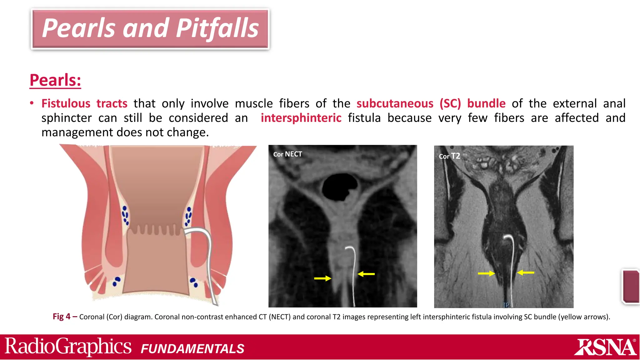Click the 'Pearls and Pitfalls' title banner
[150, 29]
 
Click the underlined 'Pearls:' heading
[55, 80]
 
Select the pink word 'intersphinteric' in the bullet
[301, 118]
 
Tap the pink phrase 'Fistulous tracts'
[84, 103]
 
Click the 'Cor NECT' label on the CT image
[287, 154]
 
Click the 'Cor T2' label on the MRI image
[449, 156]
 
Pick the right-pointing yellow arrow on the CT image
[322, 278]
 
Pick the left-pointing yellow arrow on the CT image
[366, 274]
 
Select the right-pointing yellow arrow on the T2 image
[486, 273]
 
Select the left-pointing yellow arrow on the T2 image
[526, 272]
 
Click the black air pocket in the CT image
[339, 187]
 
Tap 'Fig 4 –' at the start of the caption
[65, 317]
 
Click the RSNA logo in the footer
[605, 347]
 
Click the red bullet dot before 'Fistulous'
[32, 103]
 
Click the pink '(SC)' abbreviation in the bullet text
[450, 103]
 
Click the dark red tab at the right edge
[631, 286]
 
